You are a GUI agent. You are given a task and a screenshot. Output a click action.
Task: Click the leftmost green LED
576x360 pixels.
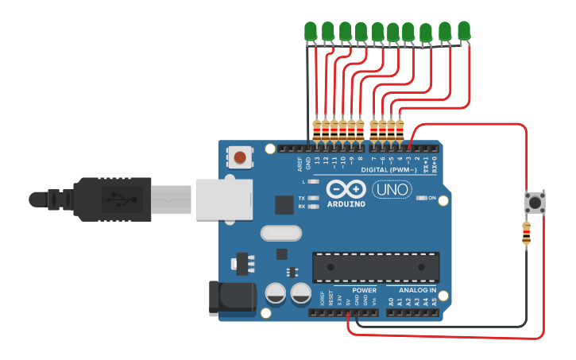click(310, 31)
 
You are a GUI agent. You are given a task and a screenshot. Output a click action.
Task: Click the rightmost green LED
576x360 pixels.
click(463, 30)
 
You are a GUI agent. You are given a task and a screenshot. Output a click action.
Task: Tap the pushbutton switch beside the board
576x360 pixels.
click(534, 203)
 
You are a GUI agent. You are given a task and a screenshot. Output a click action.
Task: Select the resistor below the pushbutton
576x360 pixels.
click(526, 233)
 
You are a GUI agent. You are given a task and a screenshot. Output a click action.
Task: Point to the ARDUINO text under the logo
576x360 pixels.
click(346, 204)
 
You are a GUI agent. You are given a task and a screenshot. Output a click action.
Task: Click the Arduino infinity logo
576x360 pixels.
click(346, 190)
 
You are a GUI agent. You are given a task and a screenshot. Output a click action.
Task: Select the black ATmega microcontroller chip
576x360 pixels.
click(375, 267)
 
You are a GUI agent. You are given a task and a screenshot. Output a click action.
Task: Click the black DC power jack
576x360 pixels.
click(230, 296)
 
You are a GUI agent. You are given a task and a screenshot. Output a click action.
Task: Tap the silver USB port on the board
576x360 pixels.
click(223, 198)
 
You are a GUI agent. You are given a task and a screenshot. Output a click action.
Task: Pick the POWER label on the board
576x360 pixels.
click(364, 290)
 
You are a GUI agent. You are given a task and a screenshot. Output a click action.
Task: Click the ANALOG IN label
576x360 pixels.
click(417, 290)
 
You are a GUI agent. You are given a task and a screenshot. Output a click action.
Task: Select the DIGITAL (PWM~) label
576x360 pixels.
click(389, 169)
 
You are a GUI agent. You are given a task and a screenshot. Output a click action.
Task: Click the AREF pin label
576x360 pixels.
click(300, 164)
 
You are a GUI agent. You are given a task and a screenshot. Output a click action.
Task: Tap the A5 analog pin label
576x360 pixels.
click(434, 302)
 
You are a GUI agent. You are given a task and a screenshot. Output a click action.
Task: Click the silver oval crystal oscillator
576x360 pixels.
click(281, 233)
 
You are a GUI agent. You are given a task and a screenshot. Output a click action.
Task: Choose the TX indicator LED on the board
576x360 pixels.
click(313, 198)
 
